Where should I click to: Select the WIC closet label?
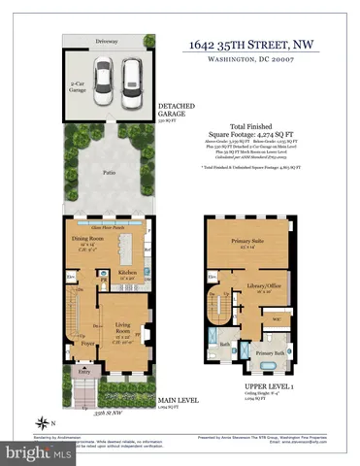pyautogui.click(x=277, y=319)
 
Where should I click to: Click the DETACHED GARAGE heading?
pyautogui.click(x=176, y=111)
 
